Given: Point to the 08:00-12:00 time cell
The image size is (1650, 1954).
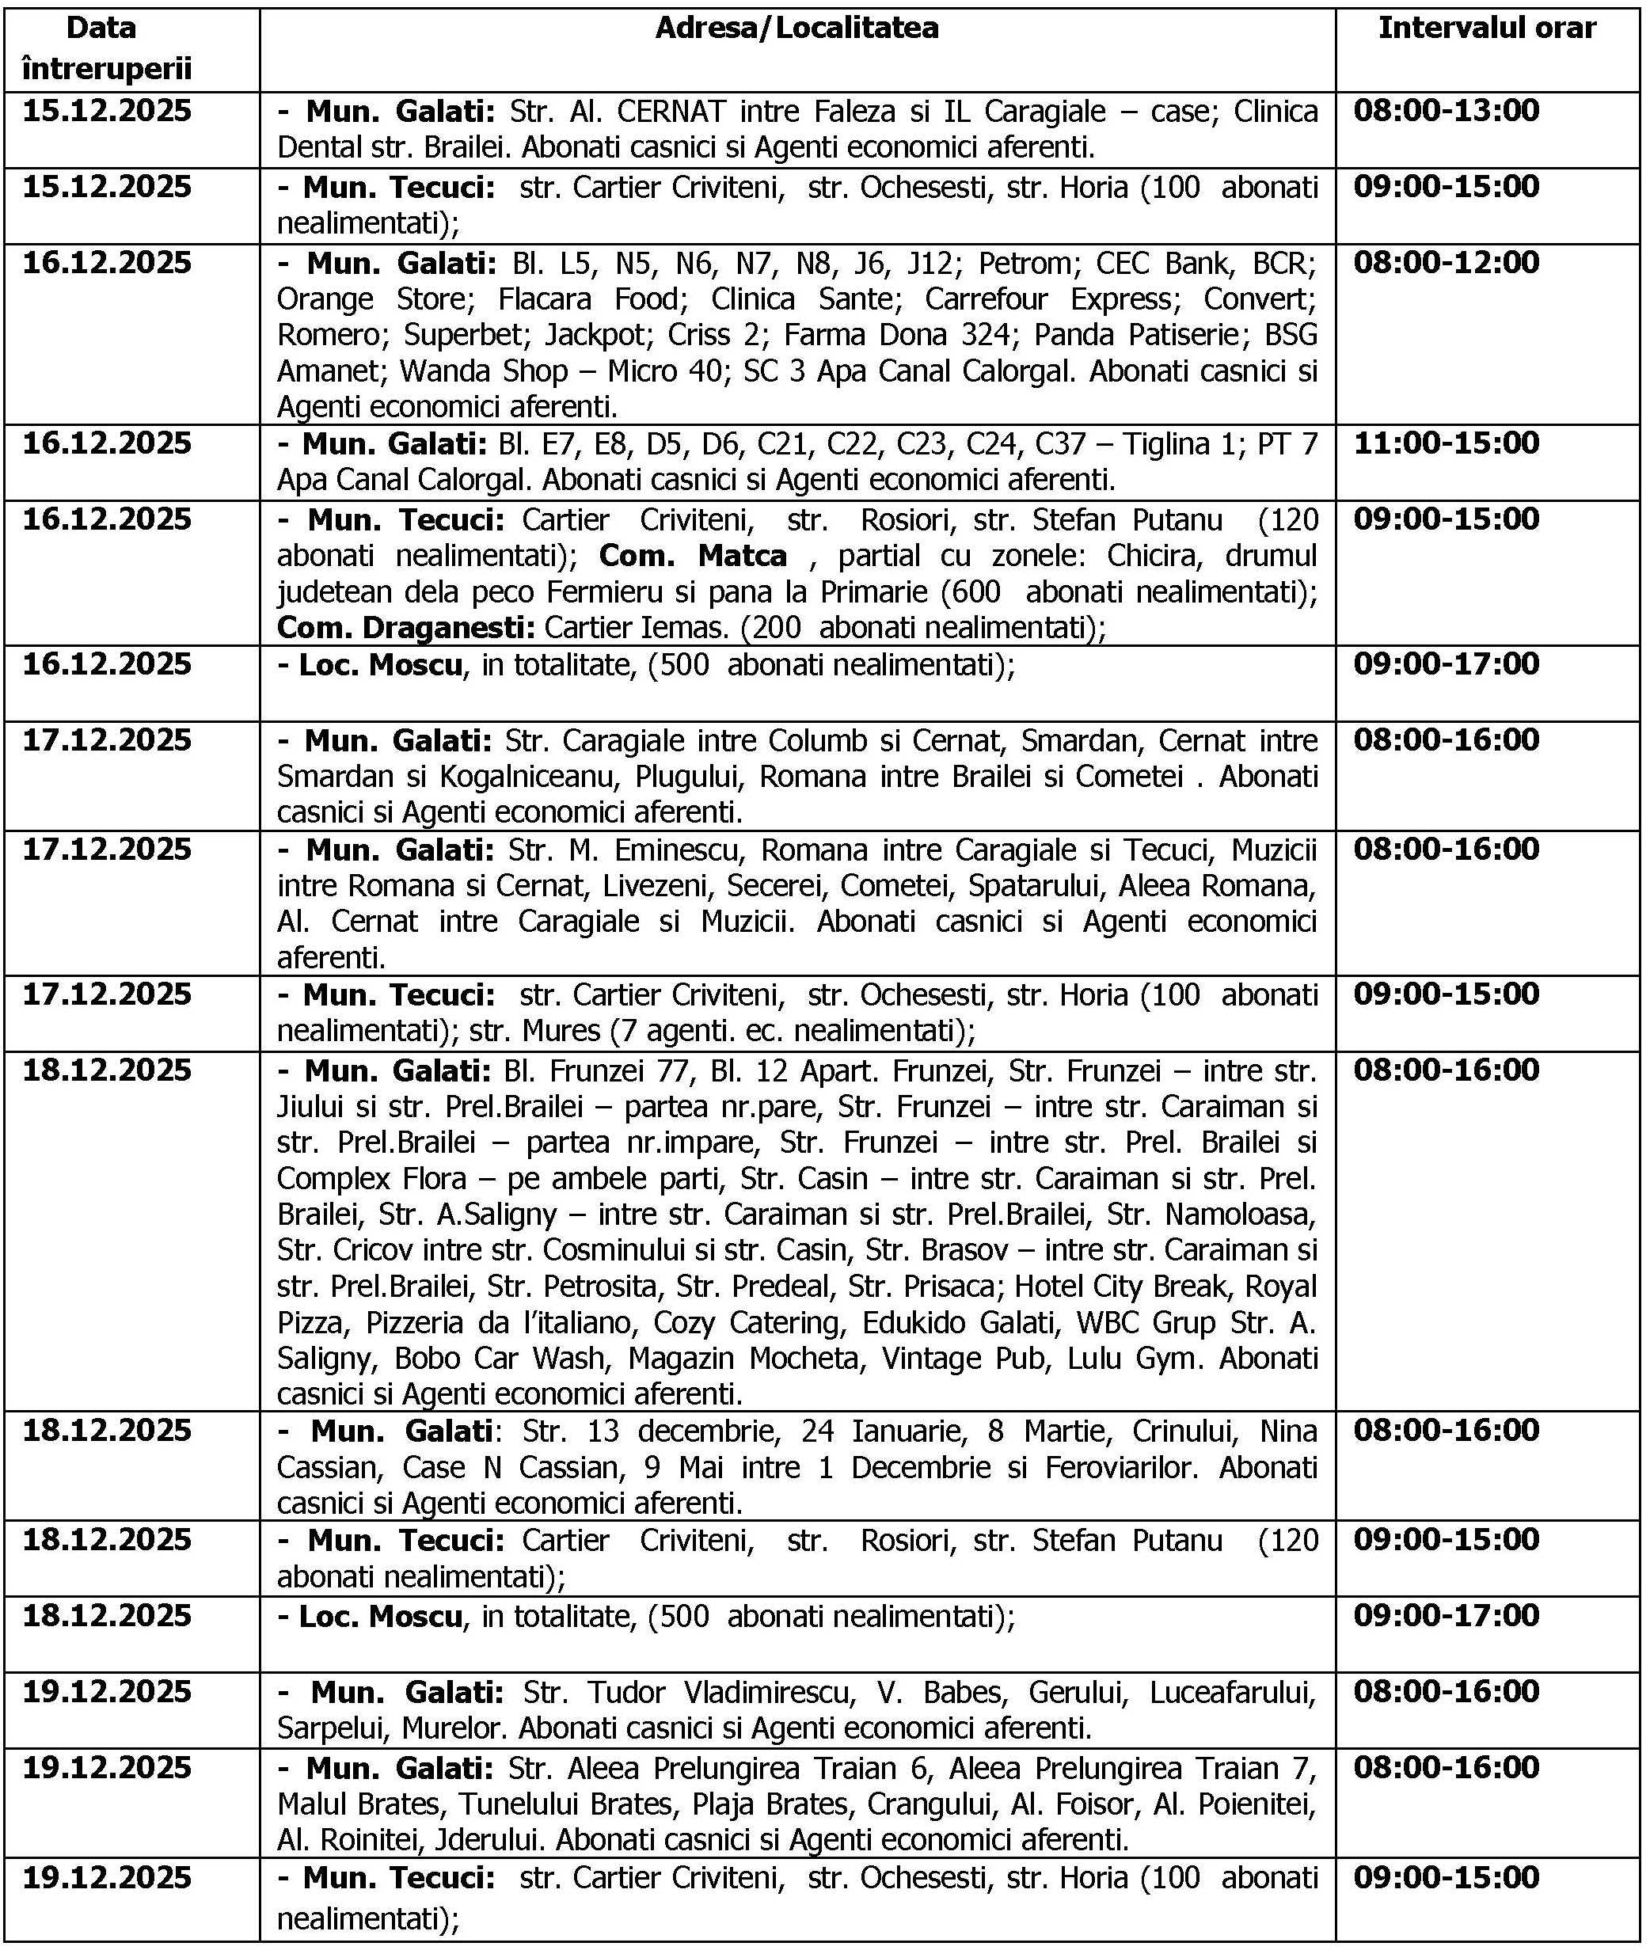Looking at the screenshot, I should pos(1446,263).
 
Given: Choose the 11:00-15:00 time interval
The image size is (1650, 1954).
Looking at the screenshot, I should pos(1446,443).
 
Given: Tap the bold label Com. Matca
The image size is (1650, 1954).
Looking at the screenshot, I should pos(692,557).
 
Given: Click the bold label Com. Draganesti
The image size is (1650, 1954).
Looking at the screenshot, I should pos(406,628).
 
